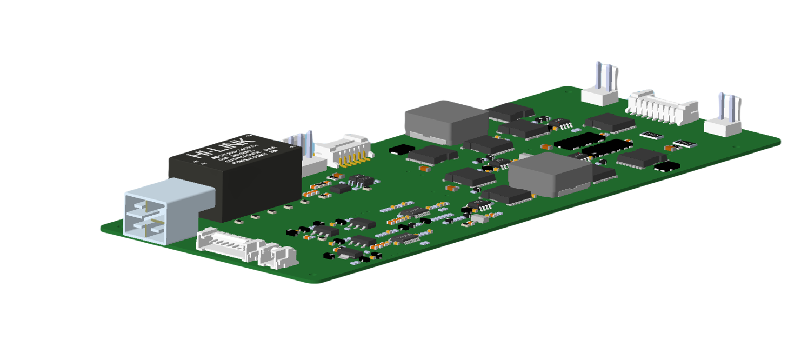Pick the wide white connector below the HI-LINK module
coord(226,246)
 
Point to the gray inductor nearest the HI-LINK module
coord(446,123)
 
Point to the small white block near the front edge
coord(479,218)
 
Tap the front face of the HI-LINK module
coord(257,184)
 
